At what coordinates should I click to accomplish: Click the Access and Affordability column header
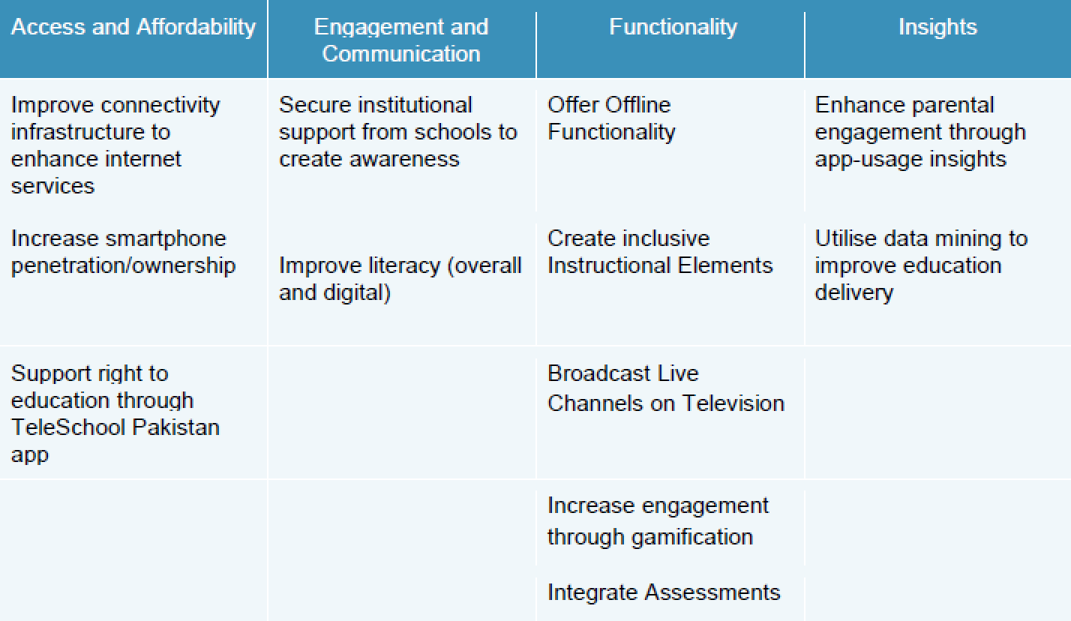tap(133, 28)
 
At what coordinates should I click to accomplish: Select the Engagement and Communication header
tap(401, 40)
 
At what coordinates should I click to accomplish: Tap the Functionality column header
tap(673, 28)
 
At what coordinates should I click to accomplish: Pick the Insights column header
tap(937, 28)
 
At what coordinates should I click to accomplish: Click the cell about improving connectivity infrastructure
tap(115, 145)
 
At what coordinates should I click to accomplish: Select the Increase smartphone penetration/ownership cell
tap(123, 252)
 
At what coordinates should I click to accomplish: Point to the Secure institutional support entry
tap(398, 132)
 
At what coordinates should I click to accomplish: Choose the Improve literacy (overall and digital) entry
tap(400, 279)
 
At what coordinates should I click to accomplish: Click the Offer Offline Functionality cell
tap(611, 118)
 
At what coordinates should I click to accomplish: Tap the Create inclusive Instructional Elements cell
tap(660, 252)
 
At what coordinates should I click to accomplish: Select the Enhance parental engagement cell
tap(920, 132)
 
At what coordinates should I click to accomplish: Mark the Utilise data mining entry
tap(921, 265)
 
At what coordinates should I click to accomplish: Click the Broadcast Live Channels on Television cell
tap(666, 388)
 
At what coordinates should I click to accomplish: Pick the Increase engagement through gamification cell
tap(658, 521)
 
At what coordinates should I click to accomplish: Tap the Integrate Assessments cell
tap(664, 592)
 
